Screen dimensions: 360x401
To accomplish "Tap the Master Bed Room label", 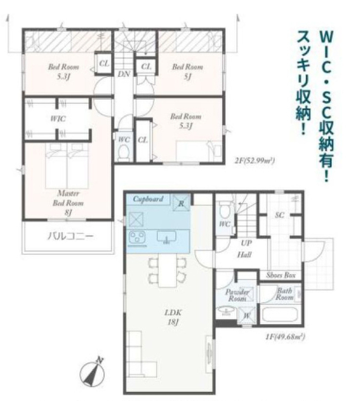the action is coord(68,203).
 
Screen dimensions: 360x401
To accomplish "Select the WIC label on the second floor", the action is coord(58,118).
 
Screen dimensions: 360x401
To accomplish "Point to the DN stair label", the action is coord(124,74).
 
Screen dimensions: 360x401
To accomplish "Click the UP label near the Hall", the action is coord(246,243).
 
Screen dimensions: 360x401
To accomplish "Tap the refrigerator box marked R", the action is coord(181,203).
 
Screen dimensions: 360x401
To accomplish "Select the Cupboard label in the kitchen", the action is coord(148,199).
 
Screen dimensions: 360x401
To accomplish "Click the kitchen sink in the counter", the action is coord(166,237).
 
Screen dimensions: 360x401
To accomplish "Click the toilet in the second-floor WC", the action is coord(124,153).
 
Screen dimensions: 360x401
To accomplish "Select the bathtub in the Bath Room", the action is coord(280,315).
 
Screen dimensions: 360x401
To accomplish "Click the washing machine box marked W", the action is coord(247,316).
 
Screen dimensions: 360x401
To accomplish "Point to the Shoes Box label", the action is coord(281,275).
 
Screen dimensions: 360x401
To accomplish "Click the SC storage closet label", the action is coord(279,215).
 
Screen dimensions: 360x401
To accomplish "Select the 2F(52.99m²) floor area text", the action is coord(255,160).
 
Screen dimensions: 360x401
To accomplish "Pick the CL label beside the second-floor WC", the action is coord(143,140).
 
